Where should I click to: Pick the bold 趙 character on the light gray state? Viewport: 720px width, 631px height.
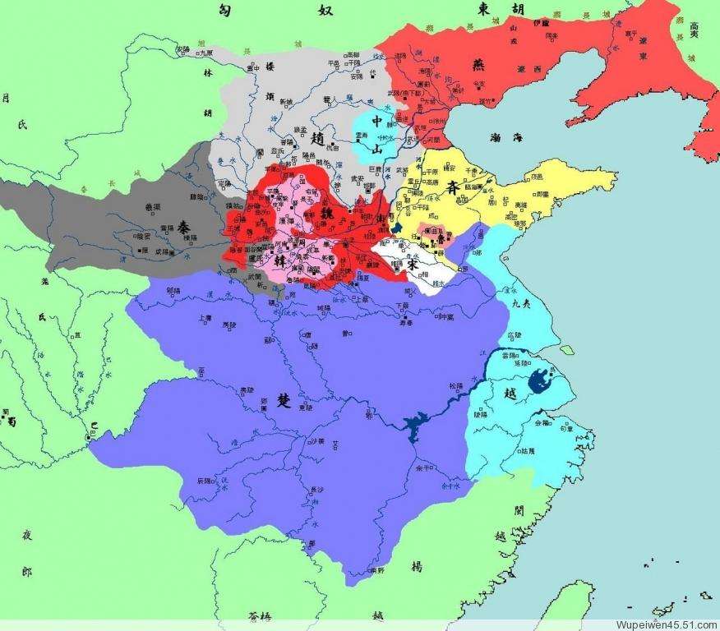(316, 142)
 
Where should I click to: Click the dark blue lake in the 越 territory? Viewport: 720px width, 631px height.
(540, 380)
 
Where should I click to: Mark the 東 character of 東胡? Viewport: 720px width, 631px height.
(486, 8)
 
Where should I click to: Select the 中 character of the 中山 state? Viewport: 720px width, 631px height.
(377, 122)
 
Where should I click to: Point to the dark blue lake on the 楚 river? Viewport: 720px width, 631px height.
(411, 421)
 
